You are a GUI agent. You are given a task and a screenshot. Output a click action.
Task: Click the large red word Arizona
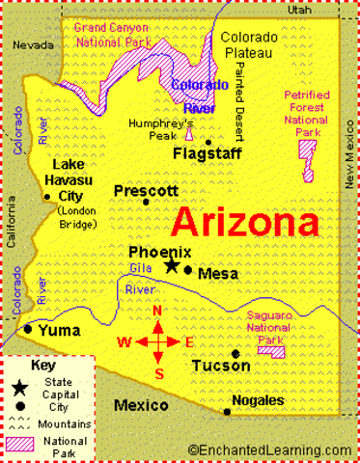245,224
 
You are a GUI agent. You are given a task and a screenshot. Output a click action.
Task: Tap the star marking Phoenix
172,265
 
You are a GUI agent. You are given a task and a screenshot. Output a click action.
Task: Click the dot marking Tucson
235,354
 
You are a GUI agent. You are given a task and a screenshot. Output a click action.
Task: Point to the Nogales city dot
227,412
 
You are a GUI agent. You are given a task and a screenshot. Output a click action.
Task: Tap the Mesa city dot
188,270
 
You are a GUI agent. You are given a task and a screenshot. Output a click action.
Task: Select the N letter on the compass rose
157,311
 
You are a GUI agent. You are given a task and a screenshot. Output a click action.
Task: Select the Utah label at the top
299,9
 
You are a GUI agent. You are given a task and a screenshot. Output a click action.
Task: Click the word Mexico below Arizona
142,405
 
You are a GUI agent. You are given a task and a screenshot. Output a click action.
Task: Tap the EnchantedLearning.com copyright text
270,449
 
